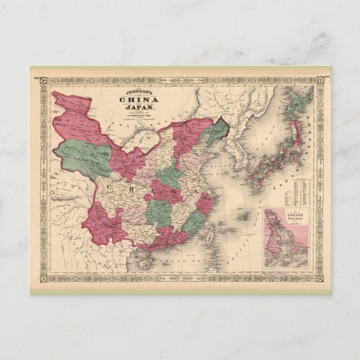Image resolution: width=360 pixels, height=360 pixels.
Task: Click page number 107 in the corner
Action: [326, 70]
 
